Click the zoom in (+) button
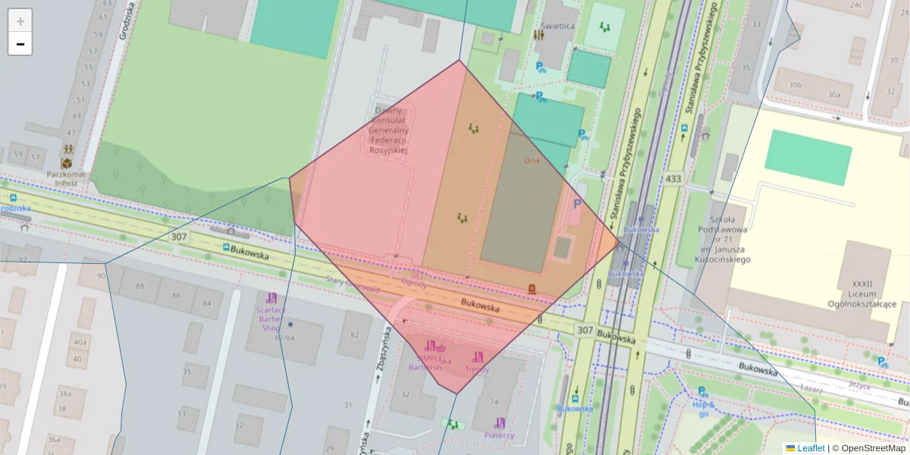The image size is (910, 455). (x=20, y=21)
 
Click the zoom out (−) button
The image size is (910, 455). (x=20, y=44)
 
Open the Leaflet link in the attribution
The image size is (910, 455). (x=811, y=448)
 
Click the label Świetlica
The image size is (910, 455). (x=557, y=26)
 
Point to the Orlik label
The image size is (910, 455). (x=532, y=160)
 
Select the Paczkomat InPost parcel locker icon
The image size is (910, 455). (x=67, y=163)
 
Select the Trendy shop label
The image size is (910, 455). (x=477, y=369)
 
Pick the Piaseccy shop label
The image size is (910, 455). (x=499, y=435)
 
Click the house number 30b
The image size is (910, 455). (x=795, y=85)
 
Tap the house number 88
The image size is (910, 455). (x=140, y=286)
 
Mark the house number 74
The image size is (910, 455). (x=494, y=402)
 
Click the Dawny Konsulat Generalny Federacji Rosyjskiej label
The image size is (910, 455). (x=388, y=130)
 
